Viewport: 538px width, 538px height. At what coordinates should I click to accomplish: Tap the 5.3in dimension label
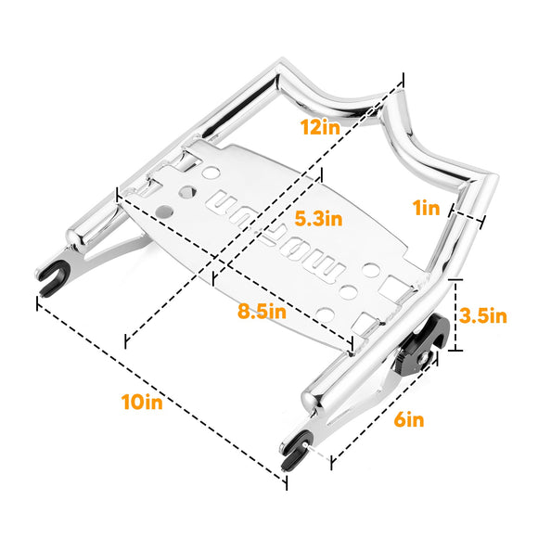click(318, 220)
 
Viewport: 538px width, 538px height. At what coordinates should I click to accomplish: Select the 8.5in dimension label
click(262, 312)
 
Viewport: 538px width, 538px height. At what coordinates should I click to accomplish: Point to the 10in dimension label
click(141, 402)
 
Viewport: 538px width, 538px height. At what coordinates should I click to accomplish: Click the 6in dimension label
click(408, 419)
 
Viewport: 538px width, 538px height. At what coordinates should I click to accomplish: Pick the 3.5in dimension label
click(484, 315)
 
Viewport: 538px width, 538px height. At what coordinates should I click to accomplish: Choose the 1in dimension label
click(428, 208)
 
